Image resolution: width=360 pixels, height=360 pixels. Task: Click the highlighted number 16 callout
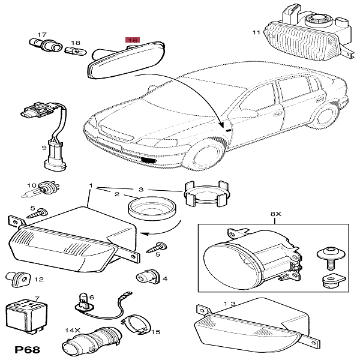(x=133, y=40)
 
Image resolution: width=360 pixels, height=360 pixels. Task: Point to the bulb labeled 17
(x=45, y=44)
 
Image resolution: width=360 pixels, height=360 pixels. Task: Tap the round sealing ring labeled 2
(x=151, y=208)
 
